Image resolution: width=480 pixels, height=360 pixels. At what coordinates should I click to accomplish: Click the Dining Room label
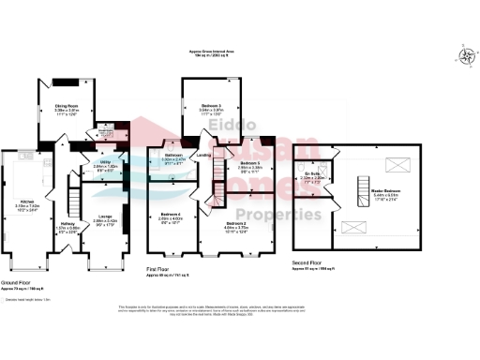pos(65,107)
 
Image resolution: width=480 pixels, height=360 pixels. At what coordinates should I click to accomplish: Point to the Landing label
pos(202,156)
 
